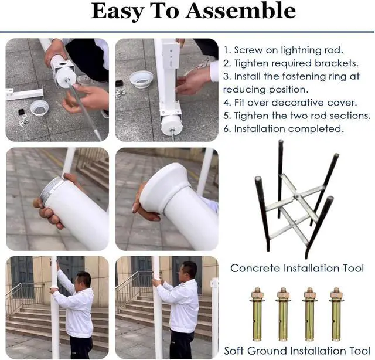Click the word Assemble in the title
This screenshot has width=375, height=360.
(240, 12)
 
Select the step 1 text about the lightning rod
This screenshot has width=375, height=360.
(284, 50)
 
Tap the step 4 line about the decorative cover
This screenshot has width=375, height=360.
(290, 103)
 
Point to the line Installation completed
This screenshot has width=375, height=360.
(284, 129)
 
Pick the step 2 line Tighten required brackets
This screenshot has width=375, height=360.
(291, 63)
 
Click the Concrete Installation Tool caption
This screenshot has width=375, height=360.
(297, 269)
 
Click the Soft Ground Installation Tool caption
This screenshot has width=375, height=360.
(297, 351)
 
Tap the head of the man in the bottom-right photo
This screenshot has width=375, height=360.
(189, 271)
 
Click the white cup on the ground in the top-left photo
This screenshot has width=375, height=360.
(39, 108)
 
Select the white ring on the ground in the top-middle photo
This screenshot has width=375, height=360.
(142, 79)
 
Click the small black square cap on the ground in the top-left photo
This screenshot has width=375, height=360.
(21, 112)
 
